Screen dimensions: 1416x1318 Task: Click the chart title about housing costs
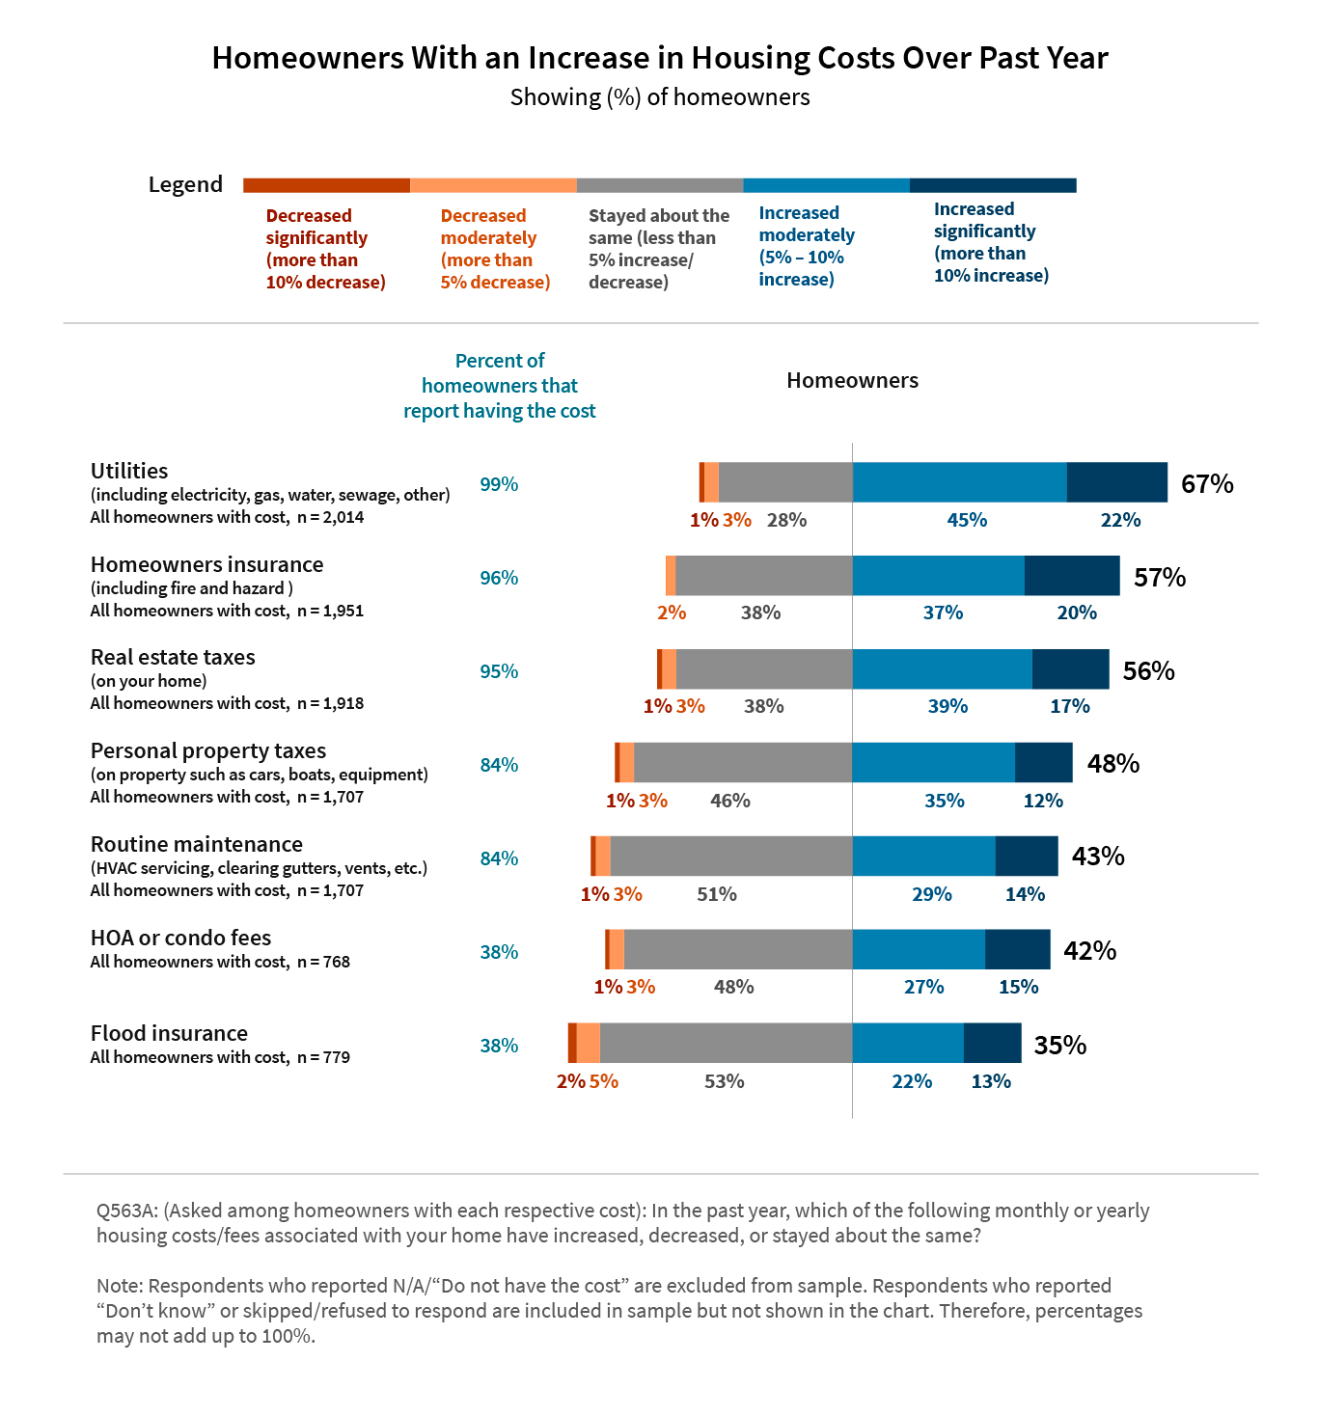[660, 58]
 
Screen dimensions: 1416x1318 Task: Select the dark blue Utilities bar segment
[1116, 482]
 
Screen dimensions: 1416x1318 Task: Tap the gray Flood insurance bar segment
[726, 1043]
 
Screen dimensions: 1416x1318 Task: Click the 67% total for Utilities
[1207, 483]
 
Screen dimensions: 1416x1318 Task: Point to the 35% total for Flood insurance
[1060, 1045]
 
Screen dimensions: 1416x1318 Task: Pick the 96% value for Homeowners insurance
[499, 578]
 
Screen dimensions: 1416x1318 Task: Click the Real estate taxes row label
[173, 657]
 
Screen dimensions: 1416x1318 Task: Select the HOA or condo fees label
[180, 938]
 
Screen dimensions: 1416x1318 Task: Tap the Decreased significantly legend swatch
[326, 185]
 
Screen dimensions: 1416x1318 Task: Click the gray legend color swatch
[660, 185]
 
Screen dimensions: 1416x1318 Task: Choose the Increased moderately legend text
[807, 246]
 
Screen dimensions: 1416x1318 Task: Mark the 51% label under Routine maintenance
[717, 894]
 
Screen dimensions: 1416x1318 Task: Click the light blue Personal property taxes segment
[933, 762]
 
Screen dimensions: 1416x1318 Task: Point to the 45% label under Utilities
[967, 520]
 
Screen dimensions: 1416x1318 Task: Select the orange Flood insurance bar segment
[588, 1043]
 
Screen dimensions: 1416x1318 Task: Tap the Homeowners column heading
[852, 380]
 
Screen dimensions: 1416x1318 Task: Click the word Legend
[185, 184]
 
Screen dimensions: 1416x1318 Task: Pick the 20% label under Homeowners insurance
[1077, 613]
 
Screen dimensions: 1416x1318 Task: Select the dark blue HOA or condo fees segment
[1017, 949]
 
